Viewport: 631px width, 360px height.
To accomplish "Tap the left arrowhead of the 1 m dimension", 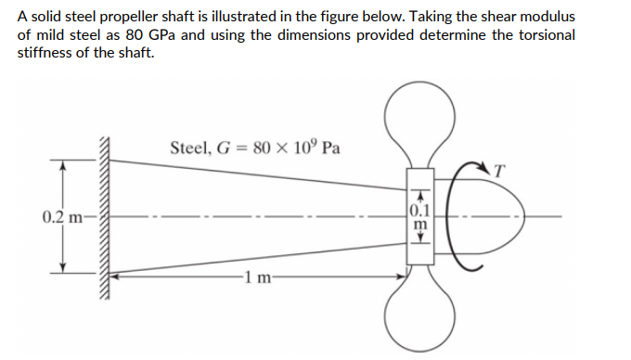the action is tap(118, 276).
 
